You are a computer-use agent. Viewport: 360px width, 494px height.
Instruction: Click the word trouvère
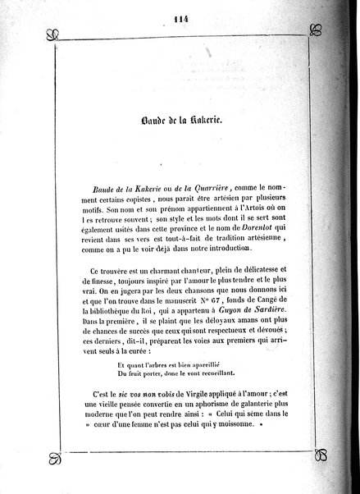point(138,272)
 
